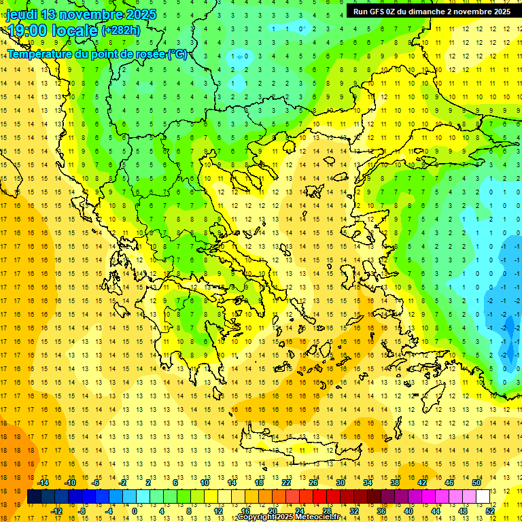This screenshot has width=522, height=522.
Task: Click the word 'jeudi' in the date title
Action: (21, 14)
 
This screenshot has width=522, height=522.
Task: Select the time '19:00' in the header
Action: (27, 30)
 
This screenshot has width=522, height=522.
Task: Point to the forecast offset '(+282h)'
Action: (121, 31)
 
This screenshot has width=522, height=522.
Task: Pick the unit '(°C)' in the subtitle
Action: (177, 54)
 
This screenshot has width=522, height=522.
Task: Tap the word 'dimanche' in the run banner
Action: (427, 12)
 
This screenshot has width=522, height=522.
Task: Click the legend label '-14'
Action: (43, 483)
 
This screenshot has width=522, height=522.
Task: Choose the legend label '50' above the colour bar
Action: (476, 483)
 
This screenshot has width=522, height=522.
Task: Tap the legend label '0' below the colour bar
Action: (134, 510)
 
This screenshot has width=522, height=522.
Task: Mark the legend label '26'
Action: (313, 483)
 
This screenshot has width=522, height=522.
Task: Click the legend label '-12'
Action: (56, 510)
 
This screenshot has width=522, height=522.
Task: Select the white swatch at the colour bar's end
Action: (483, 496)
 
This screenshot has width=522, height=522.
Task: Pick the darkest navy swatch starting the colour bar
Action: (34, 496)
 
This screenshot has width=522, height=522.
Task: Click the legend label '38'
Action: (395, 483)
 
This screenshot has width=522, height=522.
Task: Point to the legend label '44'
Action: (435, 510)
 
